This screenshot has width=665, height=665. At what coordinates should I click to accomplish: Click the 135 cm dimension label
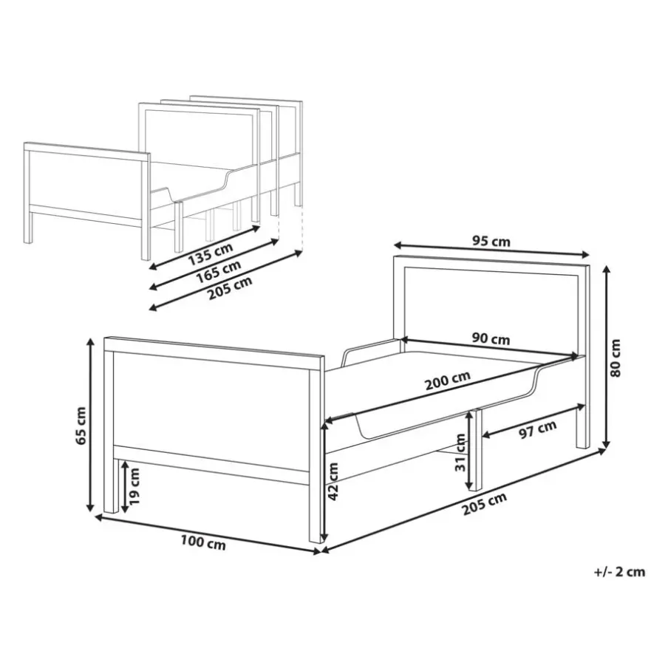(x=211, y=253)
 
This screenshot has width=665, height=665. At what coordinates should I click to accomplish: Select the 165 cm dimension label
(x=219, y=271)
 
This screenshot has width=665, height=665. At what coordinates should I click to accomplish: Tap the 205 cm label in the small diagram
(x=230, y=288)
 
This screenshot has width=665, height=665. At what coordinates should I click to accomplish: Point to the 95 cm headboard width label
(x=491, y=242)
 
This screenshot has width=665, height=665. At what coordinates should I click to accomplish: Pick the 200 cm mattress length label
(x=448, y=381)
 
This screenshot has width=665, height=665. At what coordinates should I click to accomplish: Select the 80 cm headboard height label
(x=615, y=358)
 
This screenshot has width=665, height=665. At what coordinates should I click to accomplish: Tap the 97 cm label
(x=538, y=430)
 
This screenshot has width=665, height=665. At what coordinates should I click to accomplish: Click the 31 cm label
(x=460, y=452)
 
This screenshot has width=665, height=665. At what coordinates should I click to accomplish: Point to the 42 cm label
(x=333, y=481)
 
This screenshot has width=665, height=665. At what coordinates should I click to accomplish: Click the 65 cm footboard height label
(x=80, y=426)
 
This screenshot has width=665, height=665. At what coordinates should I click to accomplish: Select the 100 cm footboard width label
(x=203, y=542)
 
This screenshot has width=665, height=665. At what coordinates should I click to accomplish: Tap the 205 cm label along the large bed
(x=484, y=504)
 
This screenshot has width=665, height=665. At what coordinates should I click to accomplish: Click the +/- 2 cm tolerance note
(x=620, y=572)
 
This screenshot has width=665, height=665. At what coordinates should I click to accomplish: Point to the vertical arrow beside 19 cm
(x=125, y=488)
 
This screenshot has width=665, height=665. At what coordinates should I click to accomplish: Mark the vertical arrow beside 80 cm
(x=607, y=357)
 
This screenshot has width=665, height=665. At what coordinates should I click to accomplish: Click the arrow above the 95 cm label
(x=491, y=250)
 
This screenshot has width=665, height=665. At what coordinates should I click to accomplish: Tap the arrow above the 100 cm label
(x=208, y=534)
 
